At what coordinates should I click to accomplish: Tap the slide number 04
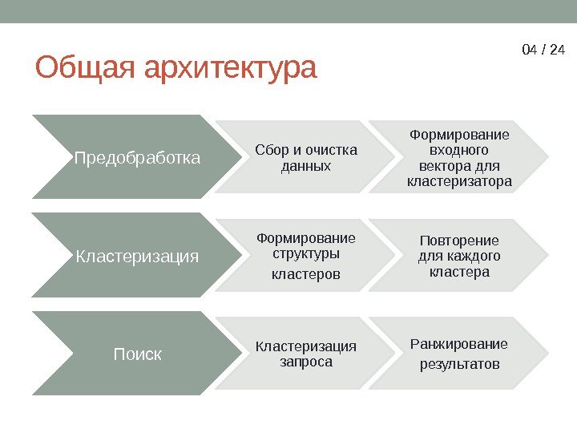point(529,50)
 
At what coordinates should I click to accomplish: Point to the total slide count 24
point(558,50)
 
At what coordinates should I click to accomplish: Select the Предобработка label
point(137,157)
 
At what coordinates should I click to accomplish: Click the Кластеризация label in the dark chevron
point(137,257)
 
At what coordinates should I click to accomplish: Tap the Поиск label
point(137,354)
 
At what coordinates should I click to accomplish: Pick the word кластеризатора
point(459,182)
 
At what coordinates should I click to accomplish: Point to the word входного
point(459,150)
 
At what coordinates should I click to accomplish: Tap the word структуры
point(305,254)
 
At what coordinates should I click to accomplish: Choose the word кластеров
point(305,274)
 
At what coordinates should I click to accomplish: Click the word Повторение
point(459,241)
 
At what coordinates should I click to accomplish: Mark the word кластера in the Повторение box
point(459,273)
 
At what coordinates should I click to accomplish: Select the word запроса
point(305,362)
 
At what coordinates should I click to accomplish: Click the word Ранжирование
point(459,345)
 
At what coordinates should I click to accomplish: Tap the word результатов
point(459,365)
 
